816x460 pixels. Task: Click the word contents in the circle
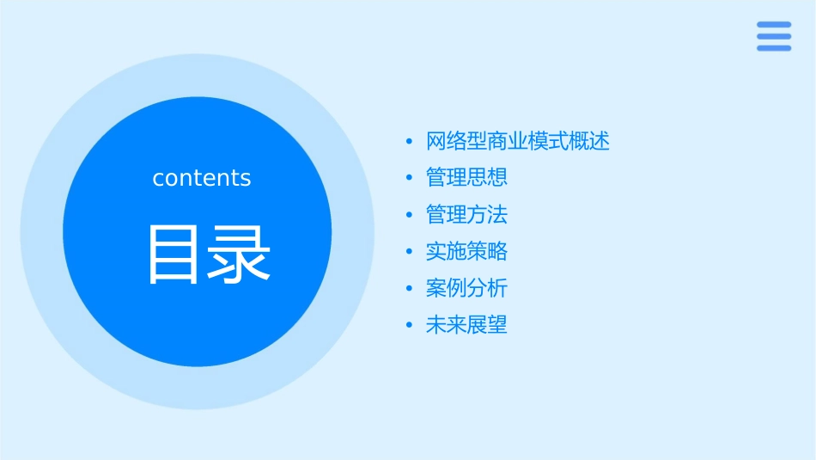(x=202, y=178)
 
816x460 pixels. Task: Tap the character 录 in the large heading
(x=238, y=254)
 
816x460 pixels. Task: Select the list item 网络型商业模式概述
(x=517, y=141)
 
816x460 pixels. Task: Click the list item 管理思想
(x=466, y=177)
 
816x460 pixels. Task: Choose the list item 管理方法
(x=466, y=214)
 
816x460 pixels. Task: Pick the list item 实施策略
(x=466, y=251)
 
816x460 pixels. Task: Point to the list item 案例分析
(x=466, y=288)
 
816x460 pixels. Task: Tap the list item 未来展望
(x=466, y=325)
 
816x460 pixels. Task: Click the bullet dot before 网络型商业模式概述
(x=409, y=141)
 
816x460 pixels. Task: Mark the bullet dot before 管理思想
(x=409, y=178)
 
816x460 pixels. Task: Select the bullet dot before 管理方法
(x=409, y=215)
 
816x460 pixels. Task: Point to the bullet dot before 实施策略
(x=409, y=252)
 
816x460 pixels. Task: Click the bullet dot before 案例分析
(x=409, y=289)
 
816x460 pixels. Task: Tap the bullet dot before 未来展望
(x=409, y=326)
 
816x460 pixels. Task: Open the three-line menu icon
(x=774, y=36)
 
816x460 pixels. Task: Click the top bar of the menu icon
(x=774, y=25)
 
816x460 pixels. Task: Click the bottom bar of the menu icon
(x=774, y=48)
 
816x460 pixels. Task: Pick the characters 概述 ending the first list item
(x=589, y=141)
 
